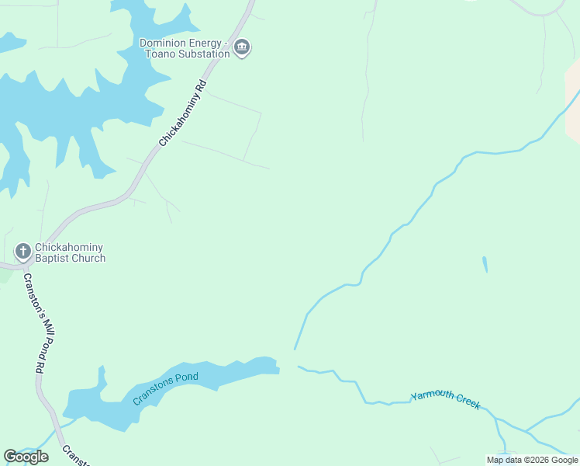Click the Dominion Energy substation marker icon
[x=242, y=48]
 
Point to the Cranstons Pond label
[x=165, y=388]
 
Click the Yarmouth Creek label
[x=446, y=400]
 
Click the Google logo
[x=26, y=457]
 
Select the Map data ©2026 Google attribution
[x=533, y=460]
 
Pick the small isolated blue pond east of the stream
[x=485, y=264]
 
